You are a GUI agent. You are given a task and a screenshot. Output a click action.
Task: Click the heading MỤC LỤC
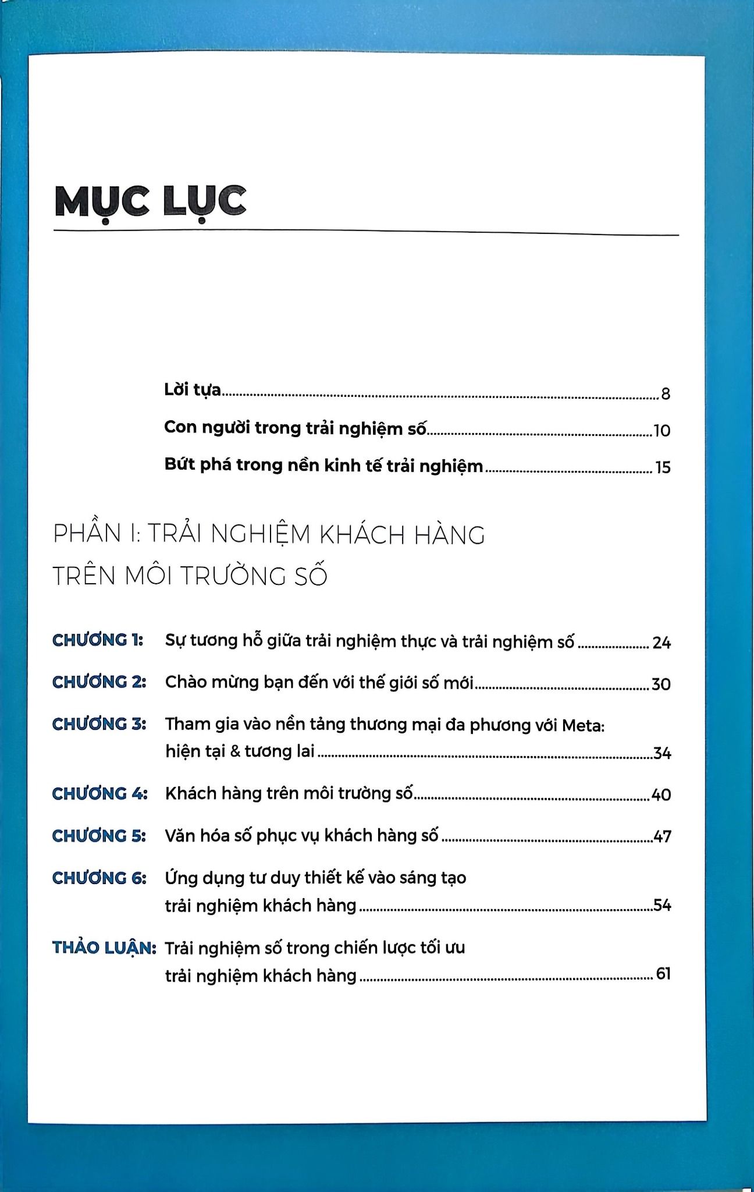point(150,201)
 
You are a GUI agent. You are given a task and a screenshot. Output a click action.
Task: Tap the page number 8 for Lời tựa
point(666,394)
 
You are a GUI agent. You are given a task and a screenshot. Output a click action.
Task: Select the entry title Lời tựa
point(193,389)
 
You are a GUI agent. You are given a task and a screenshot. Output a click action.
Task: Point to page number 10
point(662,431)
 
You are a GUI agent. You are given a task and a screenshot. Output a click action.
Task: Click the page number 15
point(663,467)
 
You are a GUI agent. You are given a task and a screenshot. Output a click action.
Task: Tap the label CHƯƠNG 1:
point(98,640)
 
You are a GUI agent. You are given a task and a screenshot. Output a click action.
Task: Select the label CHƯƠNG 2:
point(99,682)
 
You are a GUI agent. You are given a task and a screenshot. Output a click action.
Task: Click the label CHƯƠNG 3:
point(99,724)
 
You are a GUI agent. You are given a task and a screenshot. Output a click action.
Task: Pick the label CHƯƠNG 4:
point(99,794)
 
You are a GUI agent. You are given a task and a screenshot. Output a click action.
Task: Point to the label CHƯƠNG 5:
point(99,836)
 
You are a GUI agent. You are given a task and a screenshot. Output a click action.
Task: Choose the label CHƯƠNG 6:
point(99,878)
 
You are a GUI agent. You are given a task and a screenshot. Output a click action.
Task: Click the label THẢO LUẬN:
point(104,948)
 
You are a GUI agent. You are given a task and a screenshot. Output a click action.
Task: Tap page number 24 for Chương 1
point(661,643)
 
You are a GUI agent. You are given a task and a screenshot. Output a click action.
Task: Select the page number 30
point(661,684)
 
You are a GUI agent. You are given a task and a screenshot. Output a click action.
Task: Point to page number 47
point(662,837)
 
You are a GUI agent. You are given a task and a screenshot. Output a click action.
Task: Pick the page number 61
point(663,973)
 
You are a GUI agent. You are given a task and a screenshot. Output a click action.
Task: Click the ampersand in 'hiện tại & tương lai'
point(235,751)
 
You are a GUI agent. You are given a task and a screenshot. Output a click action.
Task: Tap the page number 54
point(662,905)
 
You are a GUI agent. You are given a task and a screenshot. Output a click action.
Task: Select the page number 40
point(661,794)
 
